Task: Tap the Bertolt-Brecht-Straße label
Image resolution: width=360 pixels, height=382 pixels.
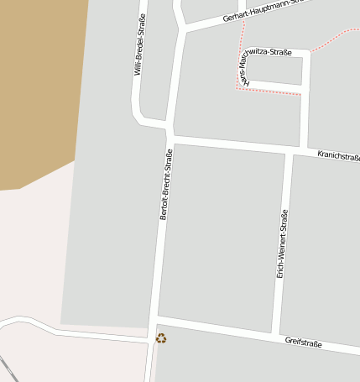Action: coord(165,184)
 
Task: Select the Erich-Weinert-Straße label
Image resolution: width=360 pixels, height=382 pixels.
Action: coord(283,243)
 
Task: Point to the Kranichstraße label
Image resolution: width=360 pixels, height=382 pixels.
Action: coord(338,156)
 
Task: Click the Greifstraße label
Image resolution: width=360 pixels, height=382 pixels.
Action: coord(304,342)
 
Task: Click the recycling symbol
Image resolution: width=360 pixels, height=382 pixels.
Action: coord(161,338)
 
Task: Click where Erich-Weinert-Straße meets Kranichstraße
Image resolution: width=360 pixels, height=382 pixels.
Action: coord(289,151)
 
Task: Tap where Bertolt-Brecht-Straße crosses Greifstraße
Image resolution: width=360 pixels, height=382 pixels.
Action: coord(154,321)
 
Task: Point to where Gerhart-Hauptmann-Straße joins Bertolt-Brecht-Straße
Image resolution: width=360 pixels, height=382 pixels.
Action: coord(183,30)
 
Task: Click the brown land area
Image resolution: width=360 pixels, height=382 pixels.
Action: coord(38,84)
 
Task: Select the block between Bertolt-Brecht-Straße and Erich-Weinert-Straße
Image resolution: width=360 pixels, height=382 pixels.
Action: coord(222,235)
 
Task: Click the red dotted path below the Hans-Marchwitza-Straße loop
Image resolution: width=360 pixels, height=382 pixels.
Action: coord(269,92)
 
